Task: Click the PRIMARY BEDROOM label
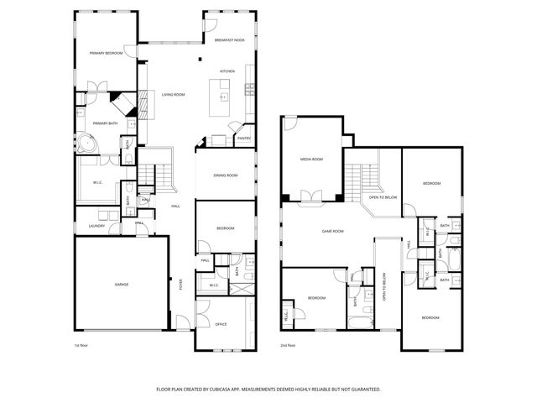tap(107, 53)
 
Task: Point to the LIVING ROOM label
tap(174, 95)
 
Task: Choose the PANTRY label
tap(244, 138)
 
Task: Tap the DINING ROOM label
tap(226, 175)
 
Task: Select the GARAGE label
tap(122, 285)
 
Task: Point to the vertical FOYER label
tap(180, 284)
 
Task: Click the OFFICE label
tap(221, 324)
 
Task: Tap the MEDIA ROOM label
tap(311, 159)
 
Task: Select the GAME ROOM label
tap(334, 231)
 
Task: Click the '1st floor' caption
tap(81, 345)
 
